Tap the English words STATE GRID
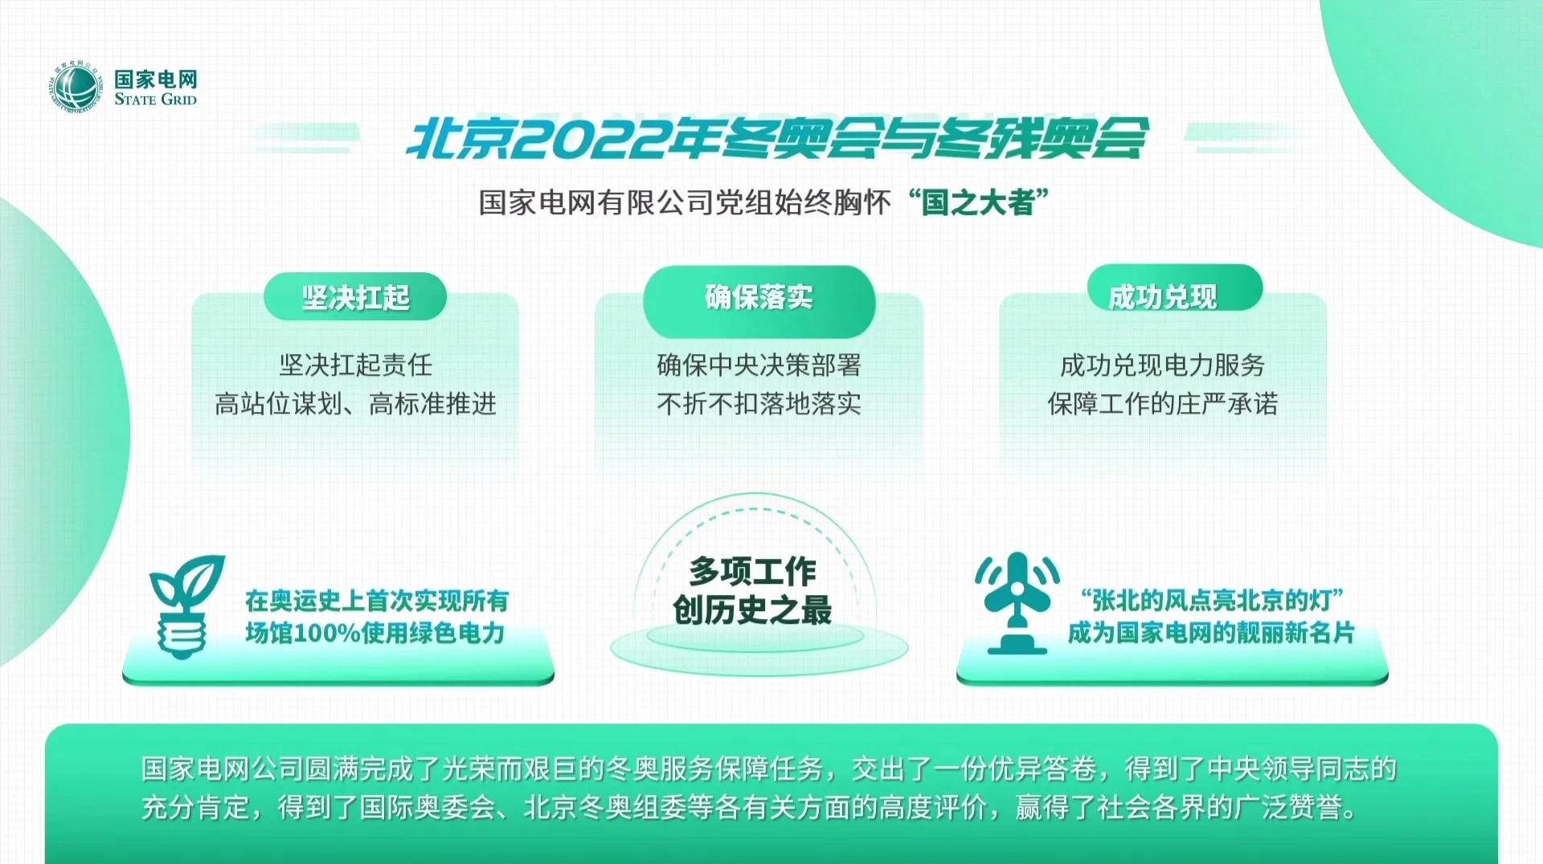[x=155, y=100]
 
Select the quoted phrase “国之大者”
[x=979, y=202]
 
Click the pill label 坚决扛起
[x=355, y=298]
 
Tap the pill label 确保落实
[x=759, y=297]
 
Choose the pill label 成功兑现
[x=1162, y=297]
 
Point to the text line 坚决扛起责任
[x=355, y=365]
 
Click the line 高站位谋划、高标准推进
[x=355, y=404]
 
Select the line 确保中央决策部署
[x=759, y=365]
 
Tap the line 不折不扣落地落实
[x=759, y=404]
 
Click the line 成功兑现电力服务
[x=1162, y=365]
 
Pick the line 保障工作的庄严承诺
[x=1162, y=404]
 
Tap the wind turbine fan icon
[x=1017, y=602]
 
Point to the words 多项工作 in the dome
[x=752, y=572]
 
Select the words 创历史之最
[x=752, y=610]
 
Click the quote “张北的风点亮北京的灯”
[x=1211, y=600]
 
